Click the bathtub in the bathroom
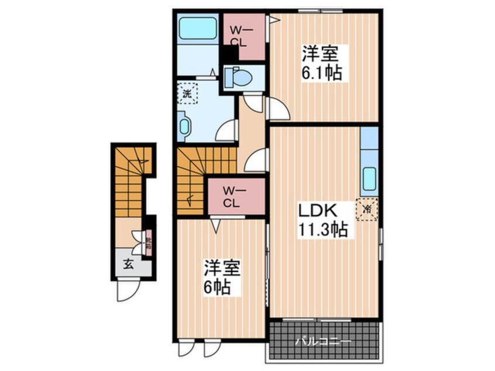point(198,29)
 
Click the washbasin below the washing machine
point(185,127)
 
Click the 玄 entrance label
point(127,263)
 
